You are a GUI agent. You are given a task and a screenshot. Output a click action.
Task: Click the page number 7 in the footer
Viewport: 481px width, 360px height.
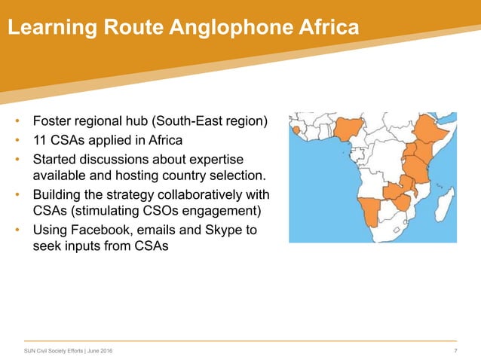pyautogui.click(x=456, y=352)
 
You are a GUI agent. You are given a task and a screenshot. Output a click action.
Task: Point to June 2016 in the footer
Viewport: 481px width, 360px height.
pyautogui.click(x=100, y=352)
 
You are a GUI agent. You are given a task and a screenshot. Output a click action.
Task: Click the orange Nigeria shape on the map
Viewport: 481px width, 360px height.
pyautogui.click(x=347, y=131)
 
